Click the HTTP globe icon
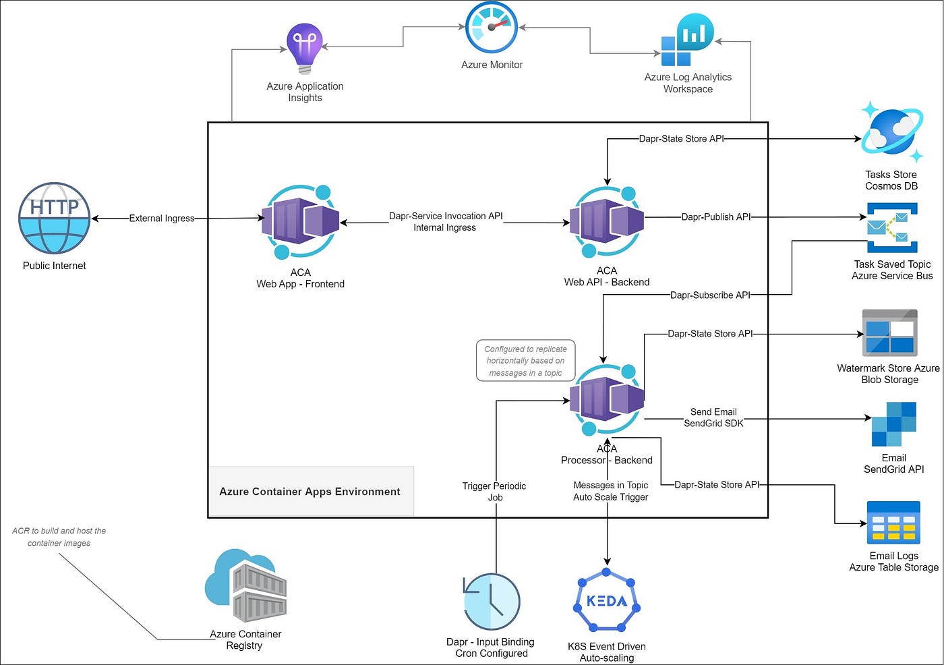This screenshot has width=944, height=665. tap(55, 218)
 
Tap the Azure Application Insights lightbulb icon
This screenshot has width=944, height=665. tap(305, 49)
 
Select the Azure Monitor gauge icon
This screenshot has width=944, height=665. tap(492, 28)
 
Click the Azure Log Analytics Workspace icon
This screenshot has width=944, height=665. tap(687, 40)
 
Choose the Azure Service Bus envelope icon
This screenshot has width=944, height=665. tap(892, 227)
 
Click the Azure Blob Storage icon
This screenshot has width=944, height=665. tap(889, 333)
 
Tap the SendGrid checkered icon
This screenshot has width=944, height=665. tap(894, 424)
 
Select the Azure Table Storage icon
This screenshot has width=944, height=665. tap(893, 523)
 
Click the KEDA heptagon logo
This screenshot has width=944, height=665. tap(606, 600)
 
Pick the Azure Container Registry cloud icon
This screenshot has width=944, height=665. tap(245, 585)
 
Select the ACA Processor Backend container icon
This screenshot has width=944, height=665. tap(606, 399)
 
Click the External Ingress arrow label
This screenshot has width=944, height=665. tap(162, 219)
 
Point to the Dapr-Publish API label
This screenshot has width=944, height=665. tap(716, 216)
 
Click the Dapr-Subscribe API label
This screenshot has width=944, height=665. tap(710, 295)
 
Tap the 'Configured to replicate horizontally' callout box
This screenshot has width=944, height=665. tap(525, 361)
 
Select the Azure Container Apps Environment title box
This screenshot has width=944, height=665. tap(312, 492)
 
